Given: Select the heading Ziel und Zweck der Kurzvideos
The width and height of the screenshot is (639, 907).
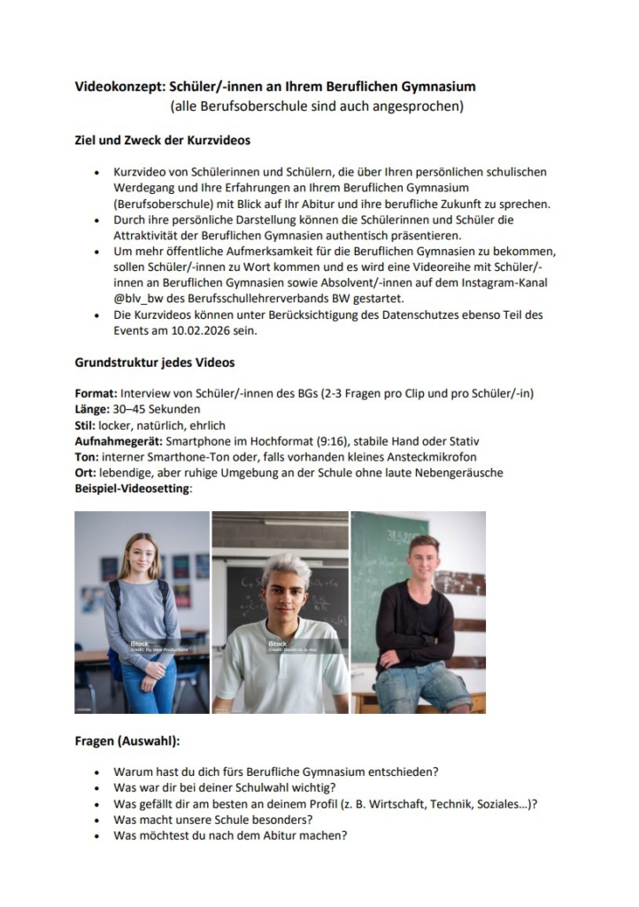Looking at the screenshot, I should pyautogui.click(x=162, y=139).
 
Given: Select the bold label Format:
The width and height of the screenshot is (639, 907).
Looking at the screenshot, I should pyautogui.click(x=96, y=393).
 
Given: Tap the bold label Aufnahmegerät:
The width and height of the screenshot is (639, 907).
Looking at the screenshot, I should pyautogui.click(x=119, y=441).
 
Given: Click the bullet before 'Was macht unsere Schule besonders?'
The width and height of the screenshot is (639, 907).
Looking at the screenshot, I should pyautogui.click(x=95, y=820).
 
